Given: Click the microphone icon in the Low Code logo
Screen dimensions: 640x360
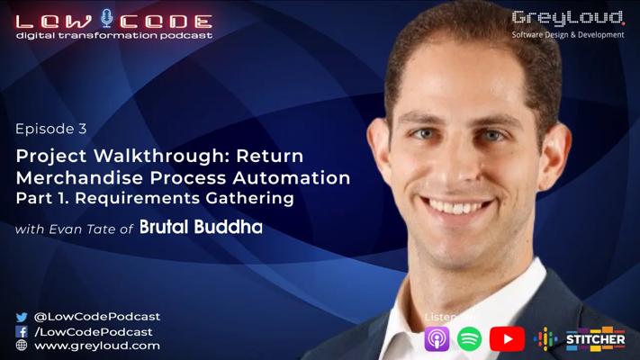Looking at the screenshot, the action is (x=107, y=18).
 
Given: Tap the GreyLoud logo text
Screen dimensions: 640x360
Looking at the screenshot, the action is (x=568, y=19).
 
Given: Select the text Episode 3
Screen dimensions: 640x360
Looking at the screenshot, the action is (x=51, y=129).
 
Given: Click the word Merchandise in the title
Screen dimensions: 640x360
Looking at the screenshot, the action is (x=80, y=177).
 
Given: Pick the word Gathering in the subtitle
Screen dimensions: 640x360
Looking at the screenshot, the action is (x=249, y=198).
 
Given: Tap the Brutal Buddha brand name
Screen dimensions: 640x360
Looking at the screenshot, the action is (x=201, y=227).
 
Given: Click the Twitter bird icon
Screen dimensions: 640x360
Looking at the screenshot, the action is (x=22, y=317).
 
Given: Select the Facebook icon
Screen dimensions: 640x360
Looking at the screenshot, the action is (x=22, y=331).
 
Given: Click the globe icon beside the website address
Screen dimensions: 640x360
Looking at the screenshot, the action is (x=22, y=346).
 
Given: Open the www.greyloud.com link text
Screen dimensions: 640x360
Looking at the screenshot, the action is (x=97, y=346).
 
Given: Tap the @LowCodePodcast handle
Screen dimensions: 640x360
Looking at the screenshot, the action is (x=97, y=317).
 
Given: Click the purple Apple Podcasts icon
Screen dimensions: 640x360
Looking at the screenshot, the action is (x=437, y=338).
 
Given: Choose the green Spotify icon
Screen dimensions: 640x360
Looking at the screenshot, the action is (x=469, y=338).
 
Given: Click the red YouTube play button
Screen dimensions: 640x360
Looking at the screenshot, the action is (x=508, y=338).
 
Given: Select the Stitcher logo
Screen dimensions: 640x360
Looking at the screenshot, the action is (x=596, y=339).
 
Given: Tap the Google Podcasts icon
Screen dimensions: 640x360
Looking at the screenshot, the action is (x=545, y=338).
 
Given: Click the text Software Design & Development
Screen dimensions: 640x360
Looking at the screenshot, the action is (x=568, y=35).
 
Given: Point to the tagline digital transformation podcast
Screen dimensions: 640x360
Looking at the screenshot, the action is (x=114, y=35).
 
